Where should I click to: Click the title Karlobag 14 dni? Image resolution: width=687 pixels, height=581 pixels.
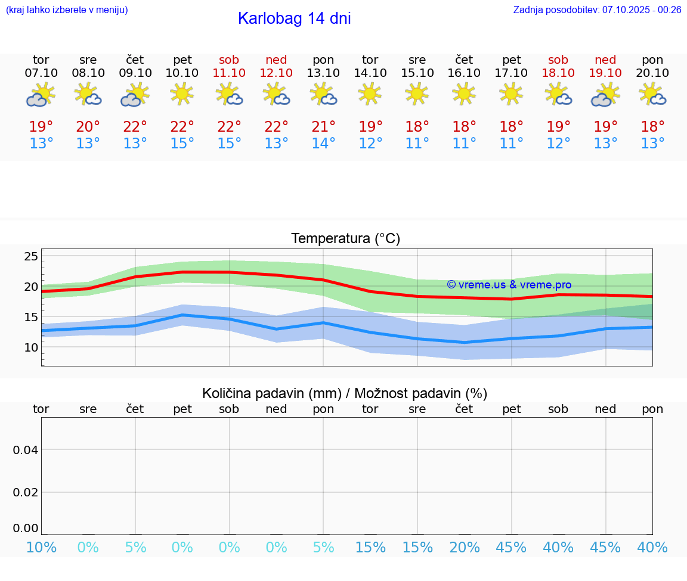coord(294,18)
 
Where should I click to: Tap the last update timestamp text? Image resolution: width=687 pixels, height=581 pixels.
coord(597,10)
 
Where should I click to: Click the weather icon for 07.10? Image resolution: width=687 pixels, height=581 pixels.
coord(41,95)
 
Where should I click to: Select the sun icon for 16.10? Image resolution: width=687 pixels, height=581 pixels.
coord(464,93)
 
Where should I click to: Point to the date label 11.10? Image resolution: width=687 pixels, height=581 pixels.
coord(229,73)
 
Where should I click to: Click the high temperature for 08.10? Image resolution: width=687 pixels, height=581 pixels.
coord(88,127)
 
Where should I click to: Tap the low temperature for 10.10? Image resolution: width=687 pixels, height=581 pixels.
coord(182,144)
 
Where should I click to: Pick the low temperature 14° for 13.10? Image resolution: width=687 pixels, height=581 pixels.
coord(323,144)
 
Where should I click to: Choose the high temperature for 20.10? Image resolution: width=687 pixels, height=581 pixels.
coord(652,127)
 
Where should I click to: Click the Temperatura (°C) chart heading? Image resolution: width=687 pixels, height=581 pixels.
coord(345,239)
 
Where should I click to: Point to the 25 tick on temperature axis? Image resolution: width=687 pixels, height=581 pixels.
coord(31,257)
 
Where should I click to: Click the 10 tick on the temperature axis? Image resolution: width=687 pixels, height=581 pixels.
coord(31,347)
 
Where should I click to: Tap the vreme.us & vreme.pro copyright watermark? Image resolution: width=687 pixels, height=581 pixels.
coord(509,285)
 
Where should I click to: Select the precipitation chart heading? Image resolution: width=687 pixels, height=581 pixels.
coord(345,393)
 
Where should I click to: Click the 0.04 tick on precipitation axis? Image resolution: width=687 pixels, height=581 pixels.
coord(26,449)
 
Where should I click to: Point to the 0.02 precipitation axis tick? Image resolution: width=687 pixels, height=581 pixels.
coord(26,492)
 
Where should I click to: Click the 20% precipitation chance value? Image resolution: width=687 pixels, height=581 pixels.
coord(464,548)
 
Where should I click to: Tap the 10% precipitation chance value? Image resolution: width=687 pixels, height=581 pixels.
coord(41,548)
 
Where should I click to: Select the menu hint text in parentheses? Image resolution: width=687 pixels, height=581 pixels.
coord(66,10)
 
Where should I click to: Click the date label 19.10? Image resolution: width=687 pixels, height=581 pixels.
coord(605,73)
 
